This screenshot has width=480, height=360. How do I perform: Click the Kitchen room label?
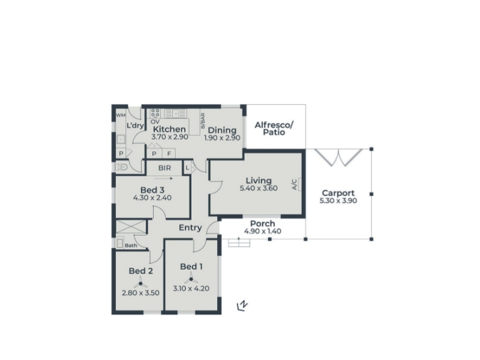pos(169,129)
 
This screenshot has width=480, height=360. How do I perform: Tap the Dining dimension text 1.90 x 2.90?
pos(222,138)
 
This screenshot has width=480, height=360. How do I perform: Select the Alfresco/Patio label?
pos(274,128)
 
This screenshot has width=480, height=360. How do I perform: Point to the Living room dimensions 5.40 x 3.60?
pos(259,188)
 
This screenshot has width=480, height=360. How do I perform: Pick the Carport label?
pos(338,193)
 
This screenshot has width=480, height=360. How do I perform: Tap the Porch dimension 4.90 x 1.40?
pos(263,232)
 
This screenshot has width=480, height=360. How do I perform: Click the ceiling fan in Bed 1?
pos(191,280)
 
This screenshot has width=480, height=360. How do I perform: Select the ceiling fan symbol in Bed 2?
pos(140,283)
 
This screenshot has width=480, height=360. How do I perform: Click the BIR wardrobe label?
pos(164,168)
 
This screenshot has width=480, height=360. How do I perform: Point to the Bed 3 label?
pos(152,190)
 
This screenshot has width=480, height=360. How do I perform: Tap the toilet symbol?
pos(122,167)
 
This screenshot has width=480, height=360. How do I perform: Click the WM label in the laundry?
pos(121,115)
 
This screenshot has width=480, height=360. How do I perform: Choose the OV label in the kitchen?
pos(155,122)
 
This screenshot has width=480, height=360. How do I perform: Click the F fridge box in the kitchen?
pos(169,154)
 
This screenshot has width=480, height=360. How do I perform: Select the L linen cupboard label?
pos(187,168)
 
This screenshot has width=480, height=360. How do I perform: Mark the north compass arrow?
pos(242,305)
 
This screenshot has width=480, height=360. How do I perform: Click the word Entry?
pos(190,228)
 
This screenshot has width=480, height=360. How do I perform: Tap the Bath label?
pos(131,245)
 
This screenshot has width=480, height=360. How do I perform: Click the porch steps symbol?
pos(239,242)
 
